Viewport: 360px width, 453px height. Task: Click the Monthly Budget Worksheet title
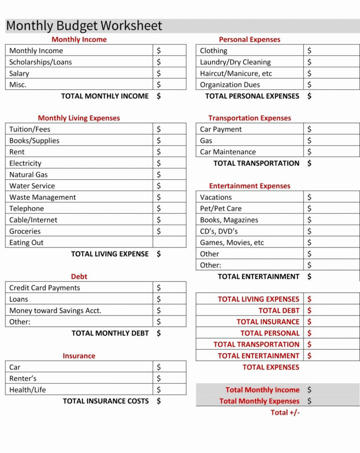pos(84,26)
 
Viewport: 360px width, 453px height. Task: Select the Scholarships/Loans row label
pos(41,62)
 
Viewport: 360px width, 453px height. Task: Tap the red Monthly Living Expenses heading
pos(79,118)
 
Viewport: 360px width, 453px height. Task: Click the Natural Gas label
pos(28,175)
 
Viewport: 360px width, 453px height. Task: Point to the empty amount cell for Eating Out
pos(169,242)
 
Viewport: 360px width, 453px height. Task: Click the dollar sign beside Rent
pos(159,152)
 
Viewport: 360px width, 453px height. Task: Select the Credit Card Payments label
pos(45,288)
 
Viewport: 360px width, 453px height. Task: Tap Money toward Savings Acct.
pos(55,311)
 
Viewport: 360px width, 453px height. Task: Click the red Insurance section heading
pos(79,356)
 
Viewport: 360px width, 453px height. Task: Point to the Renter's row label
pos(23,378)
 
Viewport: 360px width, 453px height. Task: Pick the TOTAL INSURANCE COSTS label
pos(106,401)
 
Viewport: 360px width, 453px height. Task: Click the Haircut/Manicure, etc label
pos(236,73)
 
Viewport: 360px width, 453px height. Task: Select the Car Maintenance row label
pos(228,152)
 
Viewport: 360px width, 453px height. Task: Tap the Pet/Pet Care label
pos(221,209)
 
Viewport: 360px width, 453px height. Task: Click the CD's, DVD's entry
pos(219,231)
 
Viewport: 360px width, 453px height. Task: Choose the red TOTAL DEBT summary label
pos(279,311)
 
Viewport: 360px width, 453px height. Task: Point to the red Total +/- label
pos(285,412)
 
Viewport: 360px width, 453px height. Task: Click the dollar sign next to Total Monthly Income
pos(309,389)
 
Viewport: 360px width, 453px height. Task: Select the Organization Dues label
pos(230,85)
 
